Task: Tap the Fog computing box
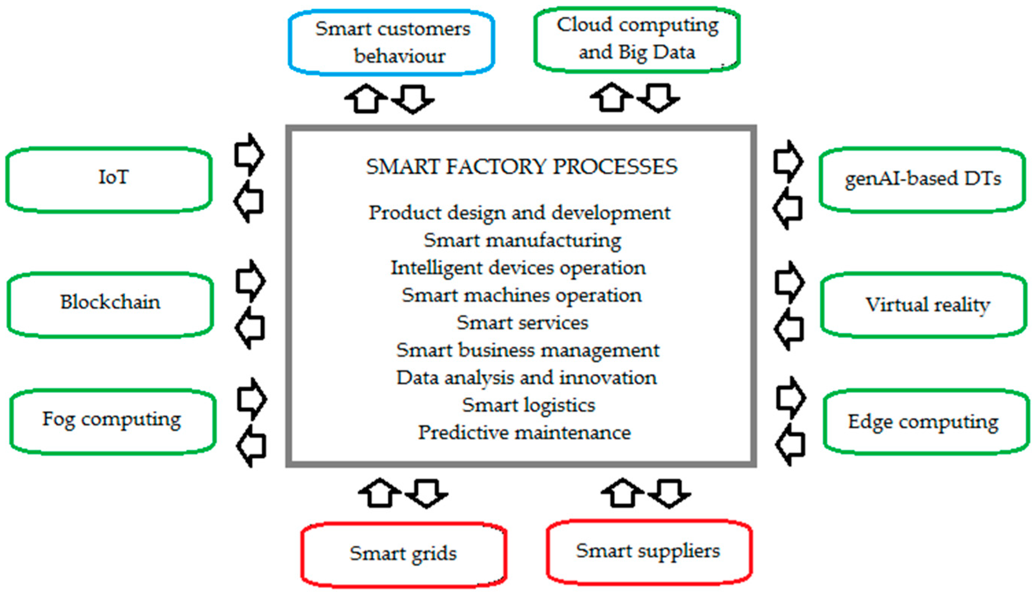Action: click(x=113, y=421)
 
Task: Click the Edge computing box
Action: click(x=926, y=422)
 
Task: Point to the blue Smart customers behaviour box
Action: click(x=392, y=43)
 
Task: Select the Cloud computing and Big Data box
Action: click(x=637, y=39)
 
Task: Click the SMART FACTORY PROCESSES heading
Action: click(x=521, y=167)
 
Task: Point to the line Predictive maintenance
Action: click(x=524, y=433)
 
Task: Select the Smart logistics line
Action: click(x=528, y=406)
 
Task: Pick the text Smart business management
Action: click(x=528, y=351)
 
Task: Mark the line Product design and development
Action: click(x=519, y=213)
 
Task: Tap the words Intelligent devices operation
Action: click(x=518, y=268)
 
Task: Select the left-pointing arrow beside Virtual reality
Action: click(x=789, y=329)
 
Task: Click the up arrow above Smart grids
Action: click(x=379, y=493)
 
